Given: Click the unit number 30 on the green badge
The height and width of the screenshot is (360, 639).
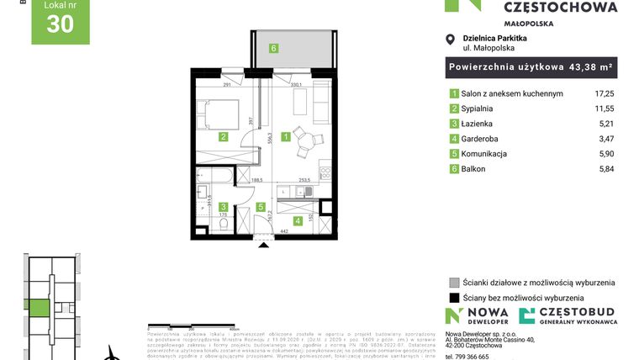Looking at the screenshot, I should [60, 24].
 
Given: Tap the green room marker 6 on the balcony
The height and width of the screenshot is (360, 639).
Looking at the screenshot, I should [273, 48].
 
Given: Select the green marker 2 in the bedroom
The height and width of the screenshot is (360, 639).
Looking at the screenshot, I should [223, 136].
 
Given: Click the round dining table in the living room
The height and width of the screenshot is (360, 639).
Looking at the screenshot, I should [306, 141].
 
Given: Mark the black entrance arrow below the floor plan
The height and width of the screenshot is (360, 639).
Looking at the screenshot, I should [264, 244].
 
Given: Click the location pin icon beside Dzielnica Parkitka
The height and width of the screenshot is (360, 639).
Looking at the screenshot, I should [451, 40].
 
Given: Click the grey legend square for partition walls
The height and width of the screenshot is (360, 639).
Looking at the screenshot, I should [454, 283].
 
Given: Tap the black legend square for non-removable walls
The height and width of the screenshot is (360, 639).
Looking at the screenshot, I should [454, 298].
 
